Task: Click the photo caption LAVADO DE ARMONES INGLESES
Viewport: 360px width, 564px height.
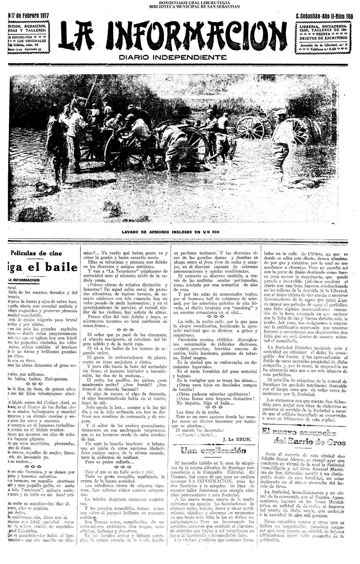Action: point(171,232)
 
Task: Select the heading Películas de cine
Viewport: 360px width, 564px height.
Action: point(36,253)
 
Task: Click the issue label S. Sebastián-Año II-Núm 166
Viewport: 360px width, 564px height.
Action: point(324,16)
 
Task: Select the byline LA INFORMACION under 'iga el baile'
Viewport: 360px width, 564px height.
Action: point(24,280)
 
